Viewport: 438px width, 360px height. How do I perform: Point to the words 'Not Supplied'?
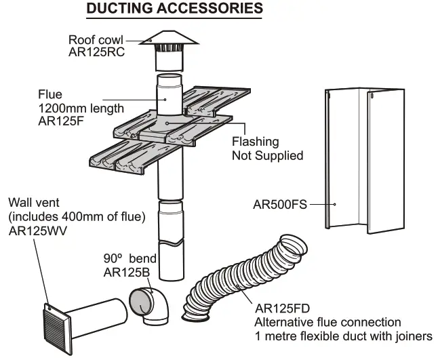267,155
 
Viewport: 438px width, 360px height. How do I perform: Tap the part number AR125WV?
40,230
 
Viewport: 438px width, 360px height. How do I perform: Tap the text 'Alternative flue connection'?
327,322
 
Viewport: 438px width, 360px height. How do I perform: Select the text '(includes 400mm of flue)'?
77,217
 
